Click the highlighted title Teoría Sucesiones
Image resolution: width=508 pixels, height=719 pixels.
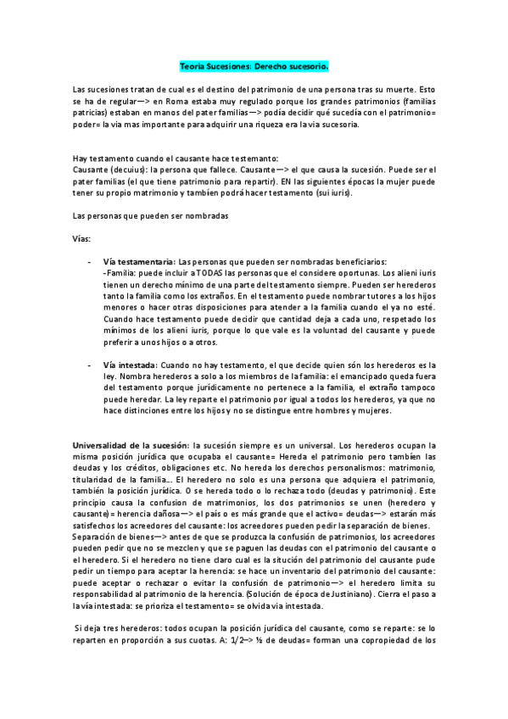[254, 64]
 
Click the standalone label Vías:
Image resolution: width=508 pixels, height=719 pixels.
[83, 238]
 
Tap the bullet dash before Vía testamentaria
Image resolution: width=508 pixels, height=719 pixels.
[91, 262]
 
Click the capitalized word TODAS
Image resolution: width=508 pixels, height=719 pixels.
[212, 274]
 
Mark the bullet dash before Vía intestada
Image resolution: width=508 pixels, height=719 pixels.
[91, 365]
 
